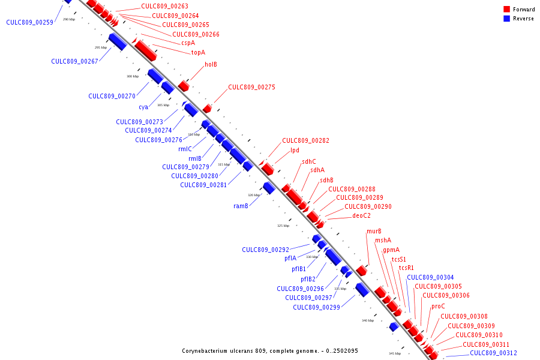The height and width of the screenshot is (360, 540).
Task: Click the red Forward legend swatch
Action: (507, 10)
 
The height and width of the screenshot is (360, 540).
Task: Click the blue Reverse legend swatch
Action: (507, 19)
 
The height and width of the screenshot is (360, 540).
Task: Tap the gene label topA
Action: (198, 53)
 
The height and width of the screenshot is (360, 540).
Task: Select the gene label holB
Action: (211, 64)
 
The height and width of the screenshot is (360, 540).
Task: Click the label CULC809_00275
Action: (251, 88)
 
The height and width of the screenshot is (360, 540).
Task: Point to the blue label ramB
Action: (241, 206)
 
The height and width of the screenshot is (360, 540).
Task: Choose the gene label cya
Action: (143, 107)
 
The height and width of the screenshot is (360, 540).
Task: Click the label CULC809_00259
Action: (29, 22)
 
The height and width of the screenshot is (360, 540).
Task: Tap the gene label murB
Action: (374, 232)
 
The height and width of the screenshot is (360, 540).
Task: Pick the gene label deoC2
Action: (361, 216)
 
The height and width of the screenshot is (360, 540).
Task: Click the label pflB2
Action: (308, 279)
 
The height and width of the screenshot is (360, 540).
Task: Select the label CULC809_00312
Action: (493, 353)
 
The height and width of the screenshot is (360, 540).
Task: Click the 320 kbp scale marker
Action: (254, 195)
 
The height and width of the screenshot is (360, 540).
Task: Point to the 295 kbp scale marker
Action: (101, 47)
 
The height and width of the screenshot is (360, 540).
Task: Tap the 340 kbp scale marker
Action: (368, 320)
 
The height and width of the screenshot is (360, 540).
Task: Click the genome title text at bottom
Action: (269, 351)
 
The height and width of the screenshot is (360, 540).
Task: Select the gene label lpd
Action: (294, 151)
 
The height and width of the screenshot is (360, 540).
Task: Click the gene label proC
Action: (438, 307)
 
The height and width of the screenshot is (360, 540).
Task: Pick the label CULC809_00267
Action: (74, 61)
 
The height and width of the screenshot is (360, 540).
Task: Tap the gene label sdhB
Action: (326, 180)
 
